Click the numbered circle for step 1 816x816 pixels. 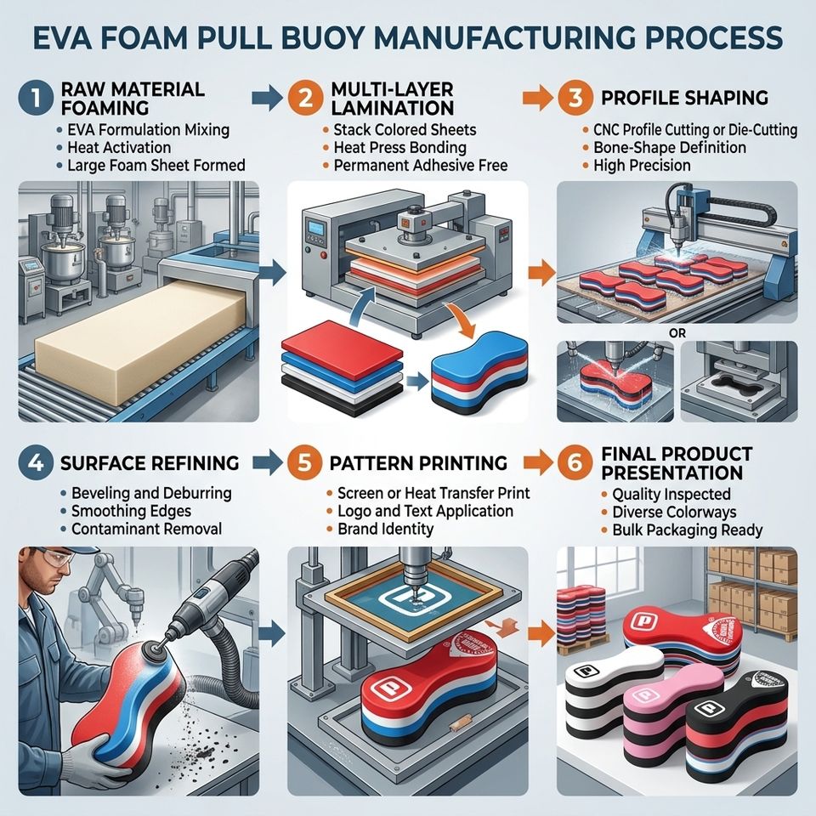pos(36,98)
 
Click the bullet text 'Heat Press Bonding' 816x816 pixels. pos(399,148)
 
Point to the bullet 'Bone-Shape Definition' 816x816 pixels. pos(670,148)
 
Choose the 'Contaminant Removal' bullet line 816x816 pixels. pos(147,529)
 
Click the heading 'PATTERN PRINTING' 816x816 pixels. pos(418,462)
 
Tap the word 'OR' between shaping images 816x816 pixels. pos(677,332)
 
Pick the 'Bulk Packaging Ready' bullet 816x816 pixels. pos(687,530)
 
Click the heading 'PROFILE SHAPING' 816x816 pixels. pos(684,98)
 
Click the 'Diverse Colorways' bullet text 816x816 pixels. pos(674,512)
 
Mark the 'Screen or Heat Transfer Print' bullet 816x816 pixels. pos(433,493)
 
